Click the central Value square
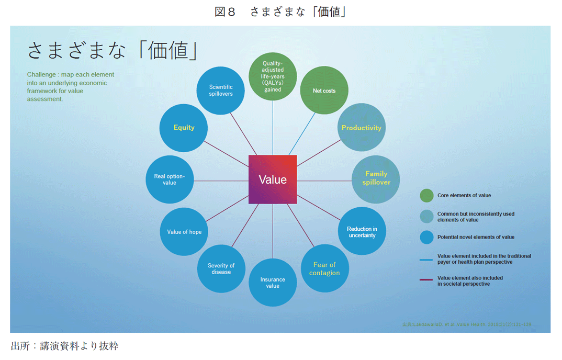click(x=273, y=179)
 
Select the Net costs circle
click(x=324, y=91)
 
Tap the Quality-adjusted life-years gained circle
click(x=273, y=76)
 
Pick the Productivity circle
click(x=362, y=128)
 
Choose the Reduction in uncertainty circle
click(x=362, y=231)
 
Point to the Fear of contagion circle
click(x=324, y=269)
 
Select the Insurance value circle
click(x=273, y=283)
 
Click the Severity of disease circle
click(x=221, y=269)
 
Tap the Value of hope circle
click(x=184, y=232)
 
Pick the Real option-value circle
click(x=170, y=179)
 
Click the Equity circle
click(x=184, y=128)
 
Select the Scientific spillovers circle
click(x=221, y=91)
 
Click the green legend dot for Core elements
click(x=426, y=196)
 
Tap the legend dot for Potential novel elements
click(x=426, y=237)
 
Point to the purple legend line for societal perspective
click(x=426, y=280)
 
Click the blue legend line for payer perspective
click(x=426, y=258)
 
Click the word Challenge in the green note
click(x=41, y=75)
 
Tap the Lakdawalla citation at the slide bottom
click(x=467, y=324)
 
